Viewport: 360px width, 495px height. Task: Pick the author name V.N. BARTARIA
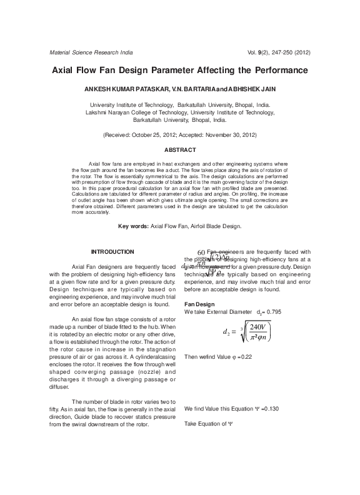[x=192, y=90]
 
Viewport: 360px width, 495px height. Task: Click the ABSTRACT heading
[x=180, y=150]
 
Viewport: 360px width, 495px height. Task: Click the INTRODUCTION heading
[x=112, y=251]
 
